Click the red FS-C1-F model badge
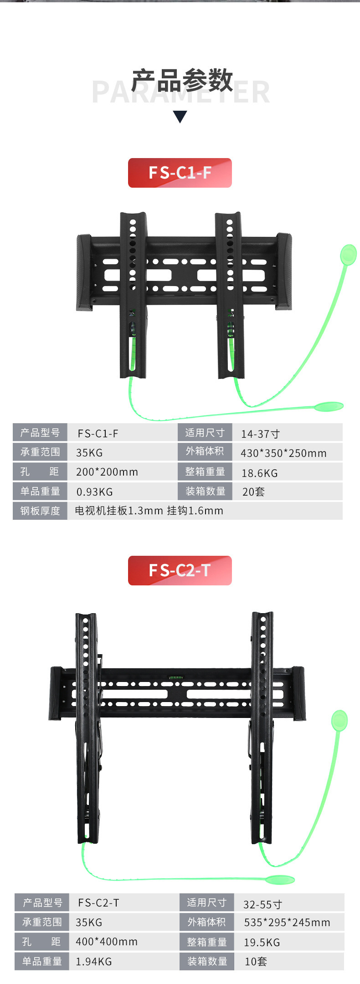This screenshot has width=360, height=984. [180, 173]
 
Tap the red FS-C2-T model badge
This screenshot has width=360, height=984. [180, 570]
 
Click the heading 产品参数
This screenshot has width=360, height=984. [182, 81]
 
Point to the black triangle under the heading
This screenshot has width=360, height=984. [180, 117]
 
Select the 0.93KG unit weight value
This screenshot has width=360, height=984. [94, 492]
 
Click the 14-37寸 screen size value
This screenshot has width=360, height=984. [260, 434]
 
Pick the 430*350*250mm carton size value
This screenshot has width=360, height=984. [283, 453]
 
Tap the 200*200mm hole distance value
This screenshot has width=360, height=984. [107, 472]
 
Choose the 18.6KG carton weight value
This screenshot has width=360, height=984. [259, 473]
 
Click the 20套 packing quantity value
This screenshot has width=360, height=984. [253, 492]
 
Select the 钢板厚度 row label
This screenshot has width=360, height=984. [40, 511]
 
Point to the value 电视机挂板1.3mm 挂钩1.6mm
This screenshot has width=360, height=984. [149, 511]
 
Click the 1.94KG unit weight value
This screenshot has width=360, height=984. [93, 962]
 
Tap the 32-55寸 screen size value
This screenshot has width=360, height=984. [262, 904]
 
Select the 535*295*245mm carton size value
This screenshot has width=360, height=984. [287, 922]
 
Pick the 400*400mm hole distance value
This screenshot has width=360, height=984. [106, 942]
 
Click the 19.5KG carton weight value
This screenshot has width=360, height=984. [262, 943]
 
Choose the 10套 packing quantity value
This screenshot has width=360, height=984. [256, 962]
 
